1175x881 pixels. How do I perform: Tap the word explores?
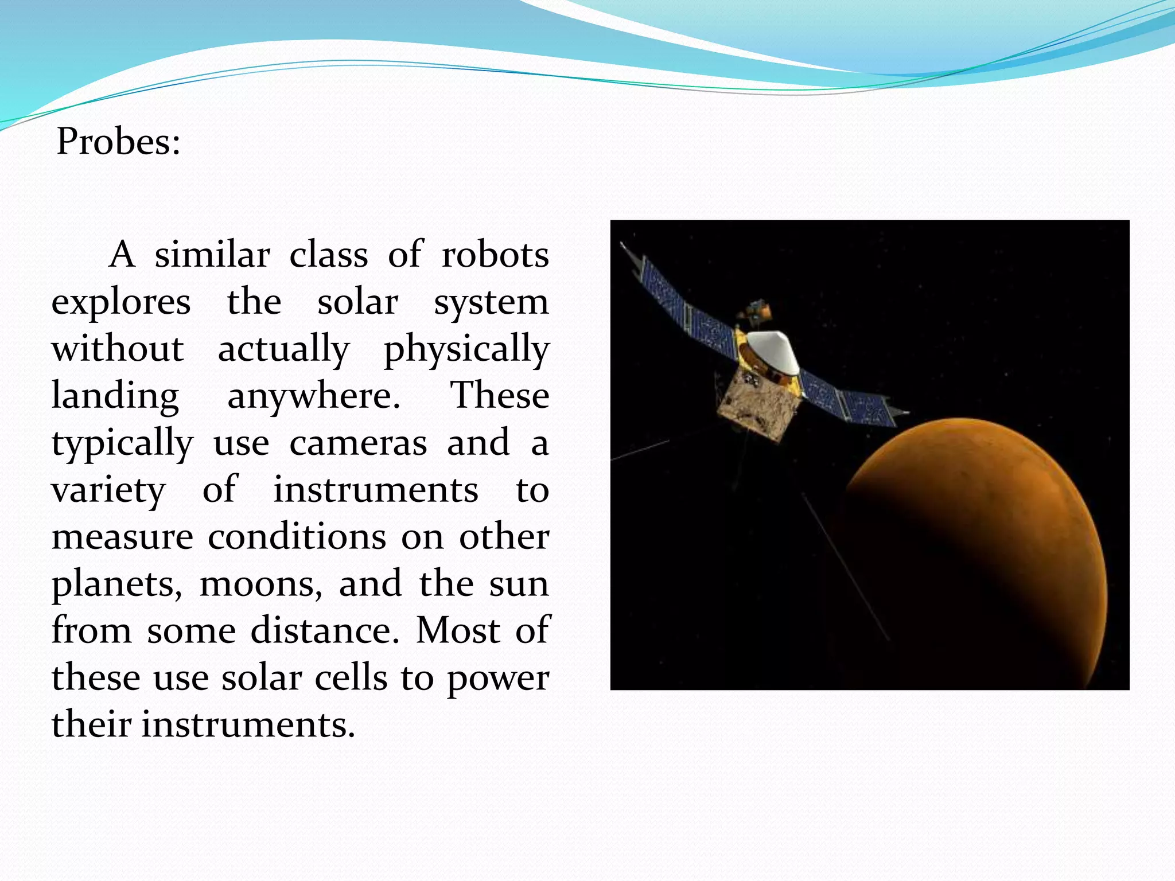pyautogui.click(x=121, y=302)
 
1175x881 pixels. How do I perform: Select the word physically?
pyautogui.click(x=466, y=349)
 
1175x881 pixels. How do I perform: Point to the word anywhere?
pyautogui.click(x=314, y=396)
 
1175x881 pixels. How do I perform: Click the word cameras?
pyautogui.click(x=358, y=443)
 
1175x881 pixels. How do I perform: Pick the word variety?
pyautogui.click(x=108, y=490)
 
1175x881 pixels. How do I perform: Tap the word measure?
pyautogui.click(x=122, y=537)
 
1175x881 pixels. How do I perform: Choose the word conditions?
pyautogui.click(x=297, y=537)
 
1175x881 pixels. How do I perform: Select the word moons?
pyautogui.click(x=261, y=584)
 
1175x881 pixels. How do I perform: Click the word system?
pyautogui.click(x=491, y=302)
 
